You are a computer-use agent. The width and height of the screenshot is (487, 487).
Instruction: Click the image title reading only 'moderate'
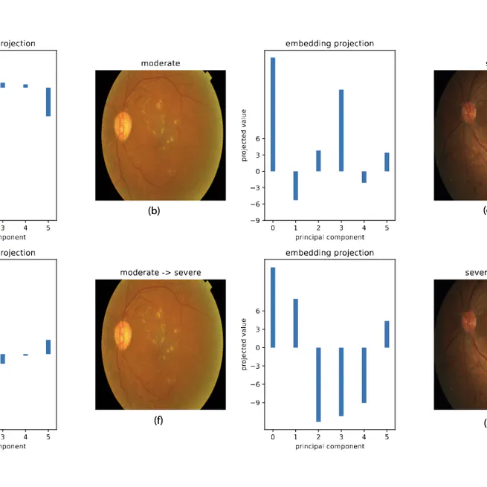tap(161, 64)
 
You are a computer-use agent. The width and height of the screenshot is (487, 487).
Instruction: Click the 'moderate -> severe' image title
tap(161, 273)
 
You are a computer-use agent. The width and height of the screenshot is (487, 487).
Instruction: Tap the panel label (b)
tap(154, 210)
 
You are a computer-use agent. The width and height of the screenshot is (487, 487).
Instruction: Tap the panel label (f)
tap(158, 420)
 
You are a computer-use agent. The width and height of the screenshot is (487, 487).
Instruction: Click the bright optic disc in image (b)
tap(122, 126)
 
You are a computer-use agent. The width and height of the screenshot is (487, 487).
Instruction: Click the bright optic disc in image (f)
tap(122, 335)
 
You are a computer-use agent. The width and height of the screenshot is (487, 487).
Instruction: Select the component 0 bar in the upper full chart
tap(273, 115)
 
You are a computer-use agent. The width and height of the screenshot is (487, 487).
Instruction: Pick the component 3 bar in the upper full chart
tap(341, 130)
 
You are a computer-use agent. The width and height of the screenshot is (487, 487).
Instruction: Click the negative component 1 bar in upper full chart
tap(295, 185)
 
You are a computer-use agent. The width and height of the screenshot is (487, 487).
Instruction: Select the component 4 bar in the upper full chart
tap(364, 177)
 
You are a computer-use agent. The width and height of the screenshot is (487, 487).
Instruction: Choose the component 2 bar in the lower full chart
tap(318, 384)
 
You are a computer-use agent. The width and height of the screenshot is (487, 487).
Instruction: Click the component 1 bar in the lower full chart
tap(295, 323)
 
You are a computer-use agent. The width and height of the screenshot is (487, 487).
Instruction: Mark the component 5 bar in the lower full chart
tap(387, 334)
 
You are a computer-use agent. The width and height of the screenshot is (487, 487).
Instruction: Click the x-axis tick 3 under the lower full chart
tap(341, 437)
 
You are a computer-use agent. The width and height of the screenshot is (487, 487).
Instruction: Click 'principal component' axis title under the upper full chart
tap(329, 237)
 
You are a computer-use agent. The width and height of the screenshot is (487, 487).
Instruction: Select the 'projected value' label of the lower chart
tap(243, 344)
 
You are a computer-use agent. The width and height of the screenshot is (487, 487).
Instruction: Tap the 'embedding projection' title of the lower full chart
tap(329, 253)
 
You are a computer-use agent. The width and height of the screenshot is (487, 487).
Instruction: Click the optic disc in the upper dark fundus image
tap(469, 112)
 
